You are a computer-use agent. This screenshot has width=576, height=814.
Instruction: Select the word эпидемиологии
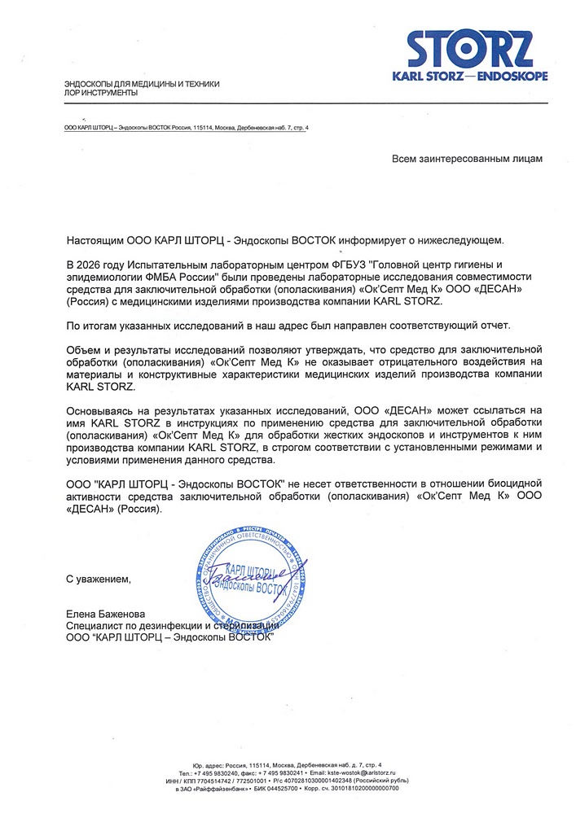102,278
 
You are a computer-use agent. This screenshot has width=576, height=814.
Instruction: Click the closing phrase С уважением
98,579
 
